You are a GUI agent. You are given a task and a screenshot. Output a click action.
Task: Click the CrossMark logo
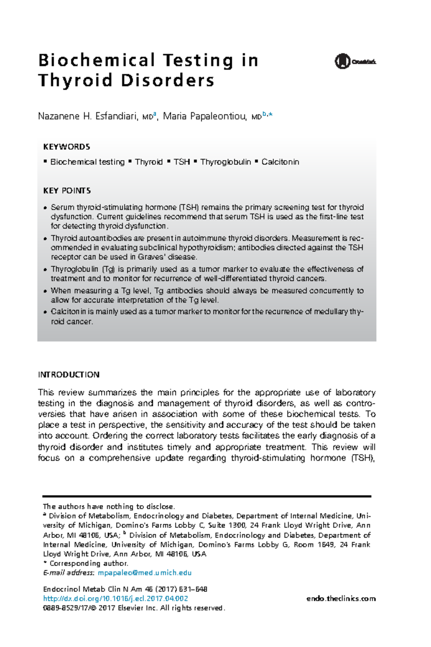click(355, 61)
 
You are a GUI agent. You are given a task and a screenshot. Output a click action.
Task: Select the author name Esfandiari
click(116, 116)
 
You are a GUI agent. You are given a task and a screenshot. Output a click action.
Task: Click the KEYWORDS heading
click(66, 147)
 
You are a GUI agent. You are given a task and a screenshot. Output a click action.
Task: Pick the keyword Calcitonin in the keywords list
click(280, 162)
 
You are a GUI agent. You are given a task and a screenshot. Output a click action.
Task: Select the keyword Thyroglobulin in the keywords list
click(226, 162)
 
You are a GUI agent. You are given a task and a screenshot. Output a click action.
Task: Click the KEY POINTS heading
click(67, 191)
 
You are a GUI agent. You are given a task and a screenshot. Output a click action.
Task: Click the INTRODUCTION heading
click(69, 375)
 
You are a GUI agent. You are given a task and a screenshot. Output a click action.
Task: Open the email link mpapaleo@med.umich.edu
click(144, 573)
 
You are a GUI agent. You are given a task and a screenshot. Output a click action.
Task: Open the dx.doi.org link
click(115, 599)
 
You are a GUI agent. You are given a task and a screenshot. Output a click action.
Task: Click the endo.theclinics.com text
click(341, 599)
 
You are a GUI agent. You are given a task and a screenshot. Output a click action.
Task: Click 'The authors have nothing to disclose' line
click(108, 507)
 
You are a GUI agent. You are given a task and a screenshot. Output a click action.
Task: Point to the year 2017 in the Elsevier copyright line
click(106, 608)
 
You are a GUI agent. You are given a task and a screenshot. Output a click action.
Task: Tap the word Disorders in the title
click(168, 81)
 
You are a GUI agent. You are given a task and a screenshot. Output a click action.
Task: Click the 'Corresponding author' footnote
click(88, 564)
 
